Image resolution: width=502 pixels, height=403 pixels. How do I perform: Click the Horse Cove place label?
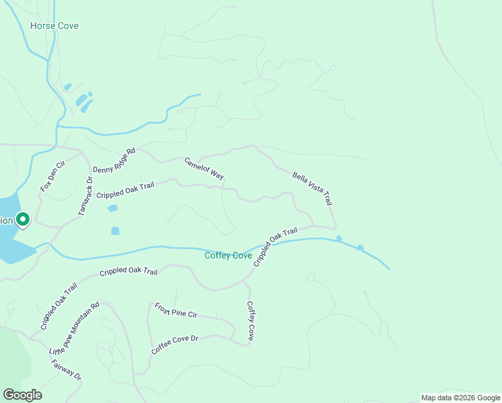pyautogui.click(x=54, y=26)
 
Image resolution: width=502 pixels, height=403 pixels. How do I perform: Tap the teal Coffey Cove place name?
pyautogui.click(x=228, y=256)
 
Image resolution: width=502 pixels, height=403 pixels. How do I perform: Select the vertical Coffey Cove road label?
pyautogui.click(x=250, y=321)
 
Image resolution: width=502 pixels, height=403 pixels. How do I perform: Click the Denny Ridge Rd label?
pyautogui.click(x=114, y=161)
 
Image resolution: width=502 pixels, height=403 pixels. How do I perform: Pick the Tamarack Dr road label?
pyautogui.click(x=84, y=196)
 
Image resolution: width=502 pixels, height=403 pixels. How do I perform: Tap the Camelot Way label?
pyautogui.click(x=204, y=169)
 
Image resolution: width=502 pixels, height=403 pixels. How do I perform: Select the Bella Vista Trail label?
pyautogui.click(x=312, y=189)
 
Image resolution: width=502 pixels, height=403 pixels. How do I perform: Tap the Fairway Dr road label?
pyautogui.click(x=66, y=370)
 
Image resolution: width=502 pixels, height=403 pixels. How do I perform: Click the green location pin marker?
pyautogui.click(x=22, y=220)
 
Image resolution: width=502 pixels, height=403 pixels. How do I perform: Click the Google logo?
pyautogui.click(x=22, y=395)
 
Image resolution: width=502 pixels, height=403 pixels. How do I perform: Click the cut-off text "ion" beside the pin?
pyautogui.click(x=6, y=220)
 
